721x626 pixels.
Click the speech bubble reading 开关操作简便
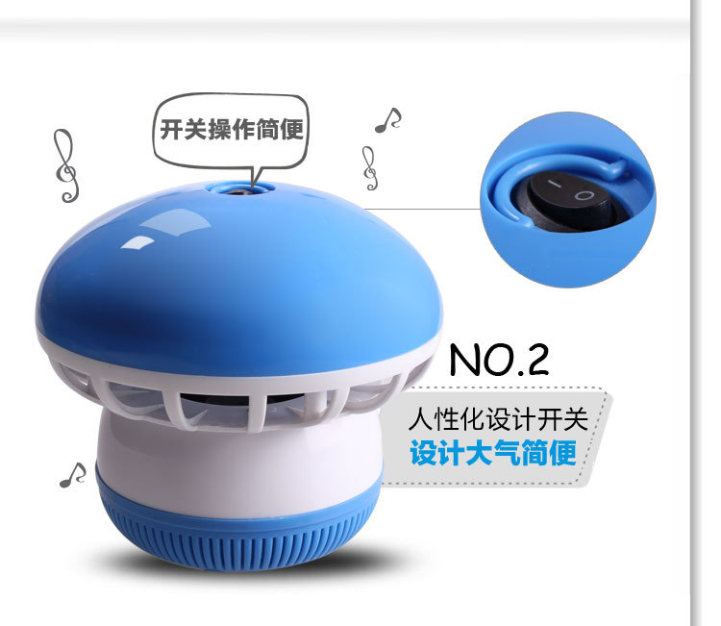pyautogui.click(x=231, y=130)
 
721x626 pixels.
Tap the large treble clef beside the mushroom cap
pyautogui.click(x=65, y=165)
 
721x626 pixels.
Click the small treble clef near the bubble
pyautogui.click(x=370, y=168)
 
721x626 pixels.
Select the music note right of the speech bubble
pyautogui.click(x=388, y=120)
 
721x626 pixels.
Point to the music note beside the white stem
pyautogui.click(x=73, y=475)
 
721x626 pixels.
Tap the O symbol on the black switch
pyautogui.click(x=584, y=195)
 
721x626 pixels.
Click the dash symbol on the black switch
pyautogui.click(x=555, y=184)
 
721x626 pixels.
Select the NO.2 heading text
pyautogui.click(x=499, y=360)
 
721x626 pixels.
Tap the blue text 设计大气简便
pyautogui.click(x=493, y=453)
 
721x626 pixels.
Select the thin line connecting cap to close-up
pyautogui.click(x=422, y=209)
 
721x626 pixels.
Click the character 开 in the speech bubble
pyautogui.click(x=171, y=129)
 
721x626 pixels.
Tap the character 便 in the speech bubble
pyautogui.click(x=292, y=129)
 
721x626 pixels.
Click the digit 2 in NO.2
pyautogui.click(x=536, y=360)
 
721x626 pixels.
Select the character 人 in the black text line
pyautogui.click(x=420, y=418)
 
